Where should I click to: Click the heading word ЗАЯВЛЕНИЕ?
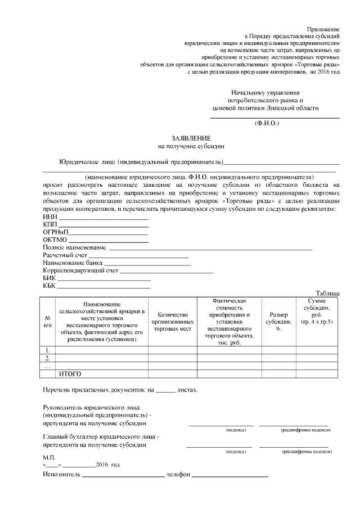click(191, 138)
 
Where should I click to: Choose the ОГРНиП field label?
click(55, 233)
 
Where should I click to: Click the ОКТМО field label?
click(55, 241)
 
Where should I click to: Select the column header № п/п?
click(48, 322)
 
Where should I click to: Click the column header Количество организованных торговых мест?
click(172, 322)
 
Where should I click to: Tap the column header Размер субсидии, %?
click(278, 322)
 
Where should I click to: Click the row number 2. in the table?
click(48, 358)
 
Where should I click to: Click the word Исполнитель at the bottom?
click(61, 476)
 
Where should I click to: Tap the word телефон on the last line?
click(179, 476)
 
